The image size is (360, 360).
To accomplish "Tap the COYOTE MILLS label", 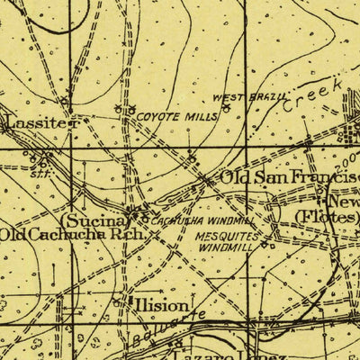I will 171,117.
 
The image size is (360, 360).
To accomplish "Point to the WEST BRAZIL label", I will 249,96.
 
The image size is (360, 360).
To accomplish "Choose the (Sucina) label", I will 92,219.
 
